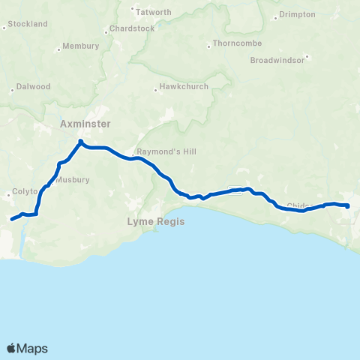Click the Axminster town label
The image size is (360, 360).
pyautogui.click(x=85, y=123)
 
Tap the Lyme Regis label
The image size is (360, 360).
pyautogui.click(x=155, y=222)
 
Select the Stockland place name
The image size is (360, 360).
pyautogui.click(x=28, y=24)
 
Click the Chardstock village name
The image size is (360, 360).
pyautogui.click(x=131, y=28)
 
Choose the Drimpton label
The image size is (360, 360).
pyautogui.click(x=297, y=14)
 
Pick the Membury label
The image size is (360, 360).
pyautogui.click(x=81, y=46)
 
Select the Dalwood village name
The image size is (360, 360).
pyautogui.click(x=34, y=87)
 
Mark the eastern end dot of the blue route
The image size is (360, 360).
pyautogui.click(x=347, y=205)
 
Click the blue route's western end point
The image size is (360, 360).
pyautogui.click(x=11, y=220)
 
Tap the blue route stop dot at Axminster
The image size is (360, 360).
pyautogui.click(x=80, y=140)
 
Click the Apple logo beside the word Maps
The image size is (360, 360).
pyautogui.click(x=12, y=348)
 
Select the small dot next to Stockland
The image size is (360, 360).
pyautogui.click(x=5, y=28)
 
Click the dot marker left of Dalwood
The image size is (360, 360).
pyautogui.click(x=12, y=91)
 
